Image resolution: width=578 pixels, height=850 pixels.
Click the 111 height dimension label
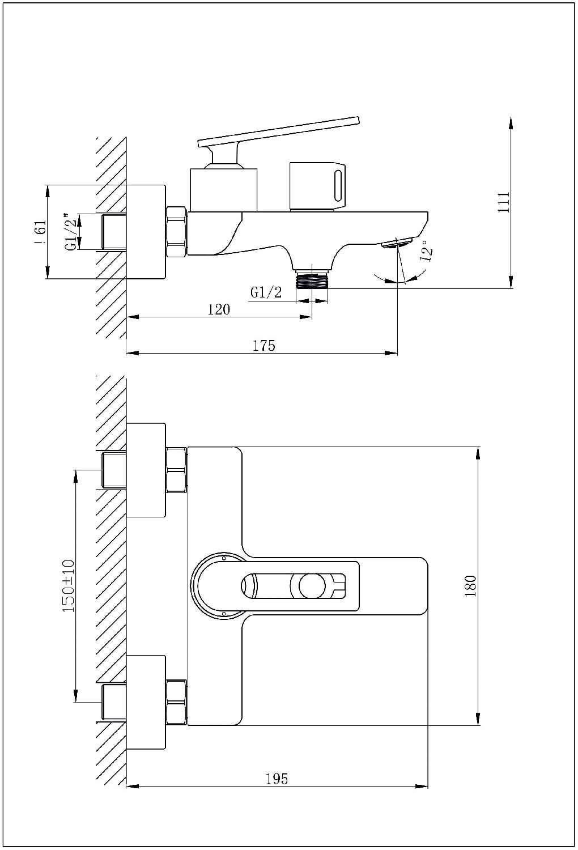coord(503,202)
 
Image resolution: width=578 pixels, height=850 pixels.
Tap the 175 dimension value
coord(263,346)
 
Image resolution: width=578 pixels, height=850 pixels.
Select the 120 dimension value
coord(219,309)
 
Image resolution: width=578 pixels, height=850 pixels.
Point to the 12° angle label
coord(427,250)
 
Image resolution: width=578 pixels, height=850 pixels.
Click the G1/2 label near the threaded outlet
coord(266,292)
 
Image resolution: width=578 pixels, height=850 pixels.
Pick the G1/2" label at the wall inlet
coord(72,232)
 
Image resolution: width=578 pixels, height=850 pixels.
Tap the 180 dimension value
coord(470,586)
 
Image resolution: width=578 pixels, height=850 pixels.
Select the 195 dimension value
coord(277,779)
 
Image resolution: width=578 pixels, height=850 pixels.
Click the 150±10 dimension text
coord(69,586)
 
